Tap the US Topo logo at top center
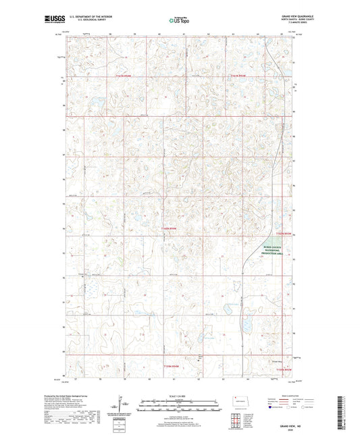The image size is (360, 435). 179,21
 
